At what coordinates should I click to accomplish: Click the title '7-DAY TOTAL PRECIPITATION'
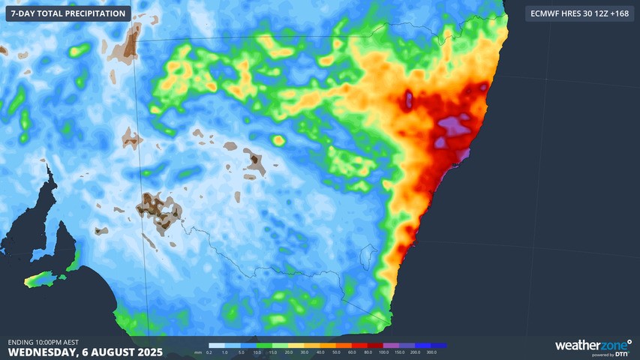(68, 13)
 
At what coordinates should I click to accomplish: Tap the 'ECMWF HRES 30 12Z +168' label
(579, 13)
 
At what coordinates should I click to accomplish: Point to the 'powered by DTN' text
(611, 354)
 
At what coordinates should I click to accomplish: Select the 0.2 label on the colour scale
(209, 352)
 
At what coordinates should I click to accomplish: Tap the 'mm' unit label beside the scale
(197, 351)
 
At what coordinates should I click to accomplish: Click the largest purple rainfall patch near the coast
(455, 129)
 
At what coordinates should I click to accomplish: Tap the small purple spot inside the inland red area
(409, 98)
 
